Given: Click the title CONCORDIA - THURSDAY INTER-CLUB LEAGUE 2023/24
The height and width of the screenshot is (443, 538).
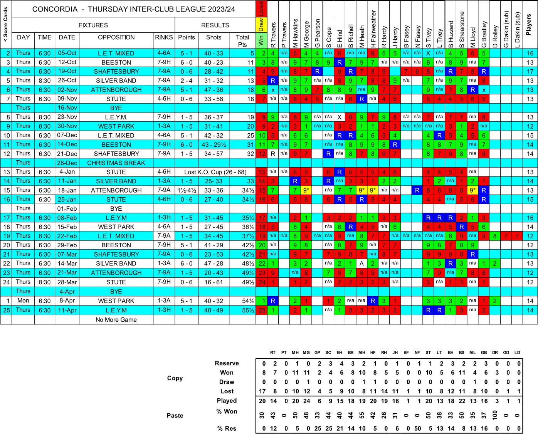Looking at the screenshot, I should (133, 9).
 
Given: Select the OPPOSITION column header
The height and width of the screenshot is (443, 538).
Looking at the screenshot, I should (116, 37).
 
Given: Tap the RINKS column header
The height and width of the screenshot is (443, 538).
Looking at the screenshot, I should (164, 37).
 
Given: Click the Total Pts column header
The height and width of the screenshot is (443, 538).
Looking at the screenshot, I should (242, 40).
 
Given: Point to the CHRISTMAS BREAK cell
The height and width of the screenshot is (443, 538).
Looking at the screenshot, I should (116, 163).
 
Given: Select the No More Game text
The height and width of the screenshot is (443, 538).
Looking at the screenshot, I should (116, 320).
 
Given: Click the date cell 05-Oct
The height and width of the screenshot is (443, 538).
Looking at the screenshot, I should (67, 53).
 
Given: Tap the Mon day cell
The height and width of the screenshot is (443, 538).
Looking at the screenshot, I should (23, 301).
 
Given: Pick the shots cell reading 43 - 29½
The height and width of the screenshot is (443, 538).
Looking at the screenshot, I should (214, 144).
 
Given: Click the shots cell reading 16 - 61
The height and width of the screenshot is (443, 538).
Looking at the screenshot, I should (214, 282).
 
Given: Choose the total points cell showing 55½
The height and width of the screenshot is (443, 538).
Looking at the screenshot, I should (248, 310).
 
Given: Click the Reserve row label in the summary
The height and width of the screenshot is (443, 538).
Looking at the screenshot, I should (227, 363).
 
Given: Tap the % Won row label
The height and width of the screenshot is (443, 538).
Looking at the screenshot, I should (227, 411).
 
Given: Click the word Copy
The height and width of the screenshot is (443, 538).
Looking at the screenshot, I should (175, 378).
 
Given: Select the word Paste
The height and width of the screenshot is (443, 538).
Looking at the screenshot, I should (175, 416).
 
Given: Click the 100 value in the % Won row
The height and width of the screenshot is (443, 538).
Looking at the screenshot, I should (495, 414).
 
